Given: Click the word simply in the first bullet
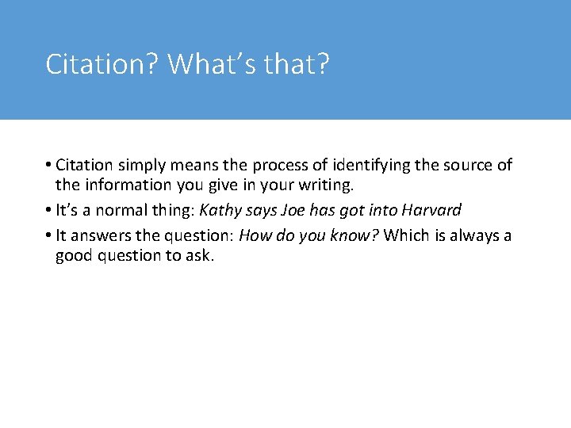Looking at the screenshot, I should click(x=142, y=166).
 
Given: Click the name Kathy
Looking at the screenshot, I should click(x=218, y=211).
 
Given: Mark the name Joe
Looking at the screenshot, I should click(x=284, y=211).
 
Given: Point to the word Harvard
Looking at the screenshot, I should click(x=431, y=211).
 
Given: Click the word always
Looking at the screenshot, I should click(x=471, y=235).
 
